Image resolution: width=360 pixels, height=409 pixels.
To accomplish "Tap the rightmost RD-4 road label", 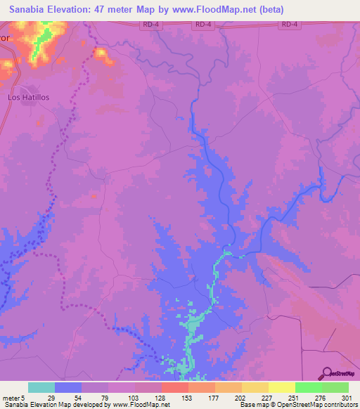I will pyautogui.click(x=289, y=25).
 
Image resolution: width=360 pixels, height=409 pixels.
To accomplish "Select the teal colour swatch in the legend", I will pyautogui.click(x=41, y=387).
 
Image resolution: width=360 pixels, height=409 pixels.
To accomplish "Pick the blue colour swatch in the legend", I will pyautogui.click(x=68, y=387).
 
